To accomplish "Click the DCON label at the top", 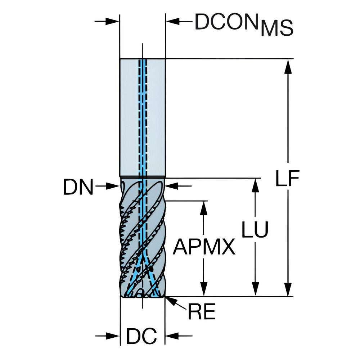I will click(x=227, y=22).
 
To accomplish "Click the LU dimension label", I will click(x=255, y=229).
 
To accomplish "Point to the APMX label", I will click(x=204, y=247).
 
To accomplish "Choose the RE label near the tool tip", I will click(x=201, y=312).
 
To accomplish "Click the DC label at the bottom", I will click(x=141, y=337).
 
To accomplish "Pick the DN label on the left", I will click(x=78, y=188).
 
